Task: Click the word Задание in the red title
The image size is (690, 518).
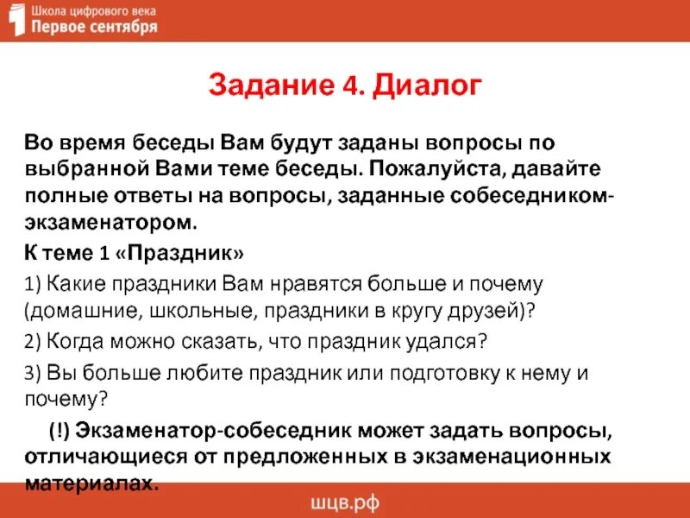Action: [x=268, y=86]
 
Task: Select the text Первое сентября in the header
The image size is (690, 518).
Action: [x=94, y=28]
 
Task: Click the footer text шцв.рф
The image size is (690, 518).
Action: [x=344, y=503]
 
